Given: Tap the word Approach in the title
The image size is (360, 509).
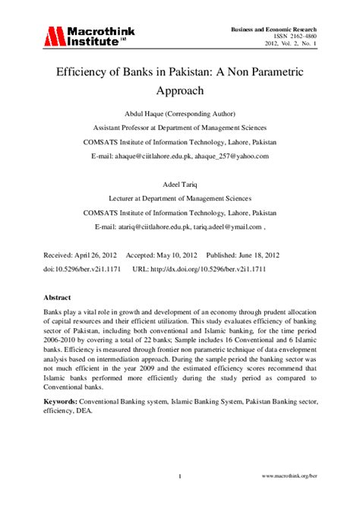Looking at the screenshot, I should [180, 92].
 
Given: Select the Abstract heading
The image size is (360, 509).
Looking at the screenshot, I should [58, 299].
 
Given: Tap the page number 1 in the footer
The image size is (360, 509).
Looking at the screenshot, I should [180, 476].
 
